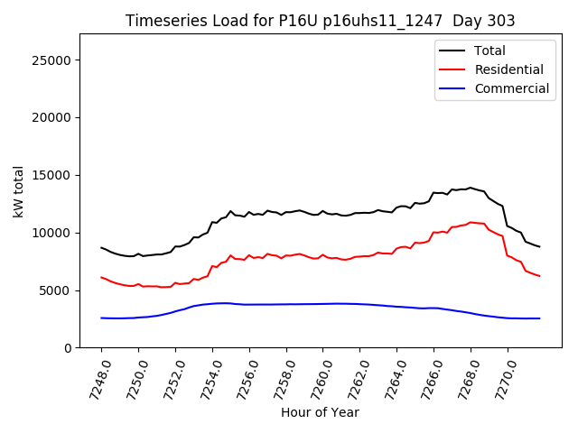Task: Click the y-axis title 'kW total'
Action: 19,191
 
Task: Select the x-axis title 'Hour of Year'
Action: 320,412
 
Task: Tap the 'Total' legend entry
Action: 489,51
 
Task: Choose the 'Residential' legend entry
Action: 508,69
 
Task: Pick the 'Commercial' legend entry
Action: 511,88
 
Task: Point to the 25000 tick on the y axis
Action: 52,60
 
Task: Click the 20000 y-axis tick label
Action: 52,118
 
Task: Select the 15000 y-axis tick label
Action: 52,176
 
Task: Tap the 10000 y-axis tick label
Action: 52,233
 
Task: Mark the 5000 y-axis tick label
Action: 56,290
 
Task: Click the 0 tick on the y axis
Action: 68,348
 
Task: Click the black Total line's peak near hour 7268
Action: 470,188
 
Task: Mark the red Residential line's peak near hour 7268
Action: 471,222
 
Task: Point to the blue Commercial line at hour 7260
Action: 322,304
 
